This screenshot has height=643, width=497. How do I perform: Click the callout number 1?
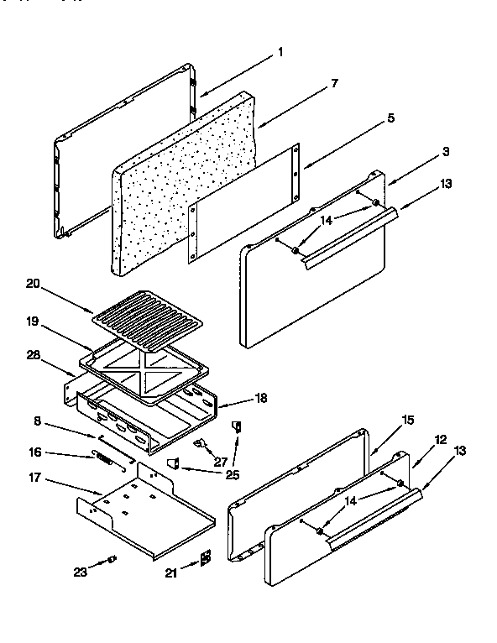pos(280,52)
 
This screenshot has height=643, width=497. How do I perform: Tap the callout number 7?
pos(334,83)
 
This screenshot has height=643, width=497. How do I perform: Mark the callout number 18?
pos(261,398)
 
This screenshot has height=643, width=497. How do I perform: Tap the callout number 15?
pos(408,419)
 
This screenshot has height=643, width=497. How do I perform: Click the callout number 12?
pos(440,440)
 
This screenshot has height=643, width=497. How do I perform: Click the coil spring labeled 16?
pos(103,459)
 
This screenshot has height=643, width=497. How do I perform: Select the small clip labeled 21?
pos(205,557)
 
